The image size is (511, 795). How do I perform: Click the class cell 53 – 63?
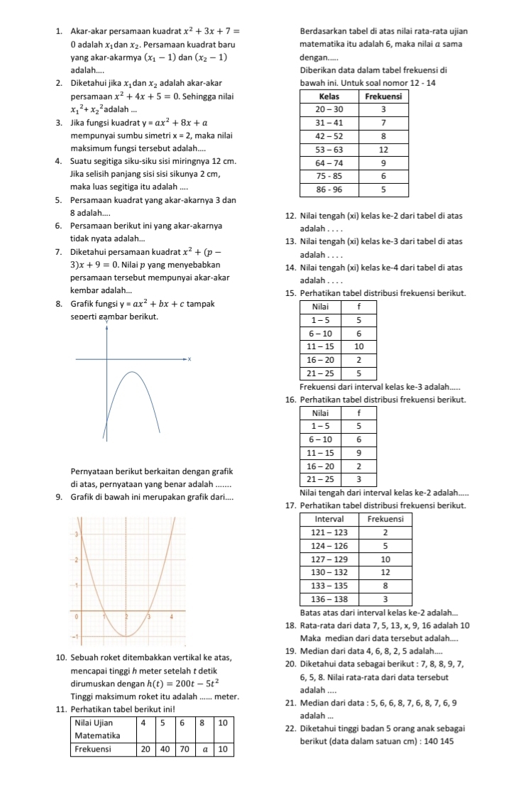tap(329, 150)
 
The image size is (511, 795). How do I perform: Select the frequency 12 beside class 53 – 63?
tap(383, 150)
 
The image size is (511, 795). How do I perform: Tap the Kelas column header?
tap(329, 96)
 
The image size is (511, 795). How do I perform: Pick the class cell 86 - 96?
tap(329, 190)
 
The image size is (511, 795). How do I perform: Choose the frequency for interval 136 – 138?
tap(385, 600)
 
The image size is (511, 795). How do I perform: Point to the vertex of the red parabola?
tap(126, 635)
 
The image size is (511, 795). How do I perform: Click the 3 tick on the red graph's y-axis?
tap(77, 534)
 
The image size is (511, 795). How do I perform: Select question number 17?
tap(289, 505)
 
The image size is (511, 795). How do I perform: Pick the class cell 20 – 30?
tap(329, 109)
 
